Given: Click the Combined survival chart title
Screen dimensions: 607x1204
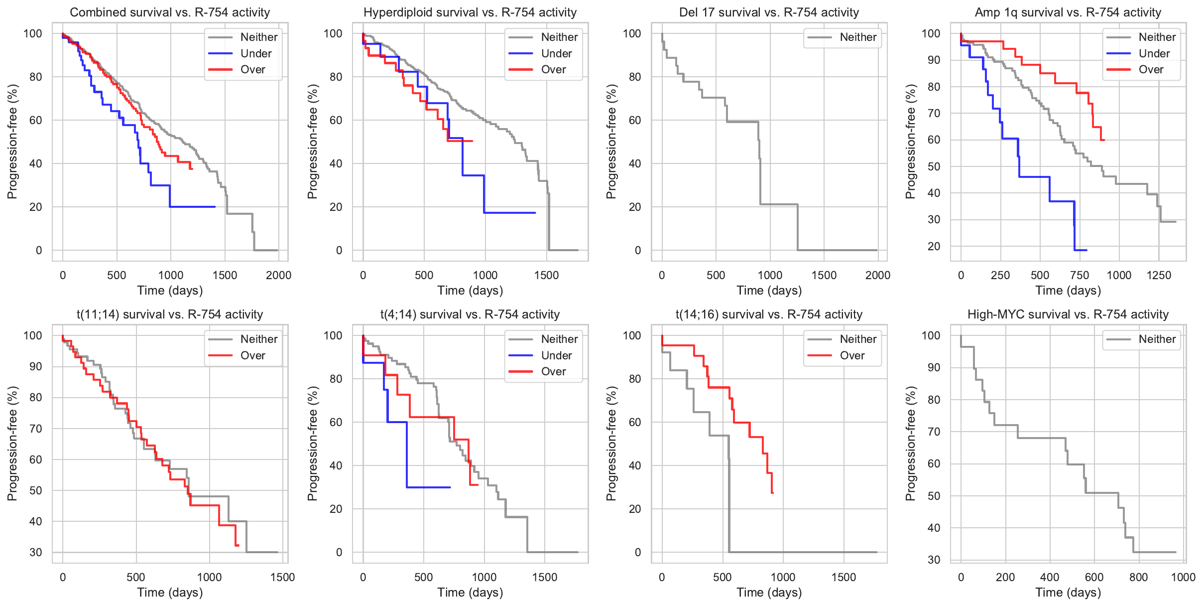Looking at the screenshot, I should click(170, 12).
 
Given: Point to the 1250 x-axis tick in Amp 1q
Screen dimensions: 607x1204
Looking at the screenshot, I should click(1159, 275).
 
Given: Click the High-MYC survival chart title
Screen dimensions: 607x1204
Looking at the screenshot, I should click(1068, 314).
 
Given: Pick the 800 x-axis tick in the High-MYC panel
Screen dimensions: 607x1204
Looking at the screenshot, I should click(1138, 577).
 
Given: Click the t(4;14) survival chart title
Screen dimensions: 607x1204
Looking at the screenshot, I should click(470, 314).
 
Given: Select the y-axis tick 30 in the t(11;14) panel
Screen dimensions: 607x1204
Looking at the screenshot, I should click(36, 552).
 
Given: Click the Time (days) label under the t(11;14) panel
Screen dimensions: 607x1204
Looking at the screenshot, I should click(170, 593).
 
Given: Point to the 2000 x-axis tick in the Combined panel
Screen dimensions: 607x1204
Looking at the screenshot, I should click(278, 275).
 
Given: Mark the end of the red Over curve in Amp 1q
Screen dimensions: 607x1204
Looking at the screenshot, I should click(1104, 140).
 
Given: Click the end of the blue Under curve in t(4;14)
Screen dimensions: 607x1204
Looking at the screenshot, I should click(450, 487).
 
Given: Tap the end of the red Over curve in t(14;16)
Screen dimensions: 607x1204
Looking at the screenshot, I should click(772, 493).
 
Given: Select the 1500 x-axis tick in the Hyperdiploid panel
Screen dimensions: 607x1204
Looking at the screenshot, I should click(546, 275).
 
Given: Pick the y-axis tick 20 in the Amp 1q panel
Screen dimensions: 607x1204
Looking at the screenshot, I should click(934, 246).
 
